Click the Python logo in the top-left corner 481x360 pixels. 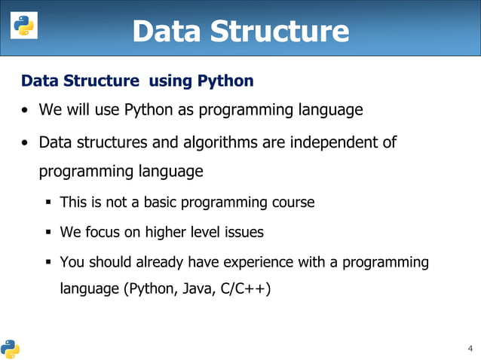point(23,27)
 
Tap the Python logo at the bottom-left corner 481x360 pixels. point(11,348)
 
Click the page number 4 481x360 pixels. point(470,348)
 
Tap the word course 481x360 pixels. point(291,203)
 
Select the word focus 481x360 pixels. point(101,233)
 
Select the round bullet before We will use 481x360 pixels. point(26,111)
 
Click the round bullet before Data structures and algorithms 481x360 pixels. point(26,142)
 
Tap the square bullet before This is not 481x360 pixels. point(48,203)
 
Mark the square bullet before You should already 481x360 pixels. point(48,263)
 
